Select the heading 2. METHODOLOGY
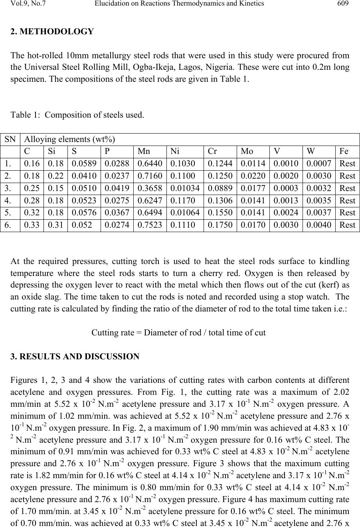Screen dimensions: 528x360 52,32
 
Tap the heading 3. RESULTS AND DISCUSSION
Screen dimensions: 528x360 75,357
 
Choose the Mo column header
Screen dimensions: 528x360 247,152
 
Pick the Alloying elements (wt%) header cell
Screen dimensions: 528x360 69,139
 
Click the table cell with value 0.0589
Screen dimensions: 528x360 84,164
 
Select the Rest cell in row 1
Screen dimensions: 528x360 347,164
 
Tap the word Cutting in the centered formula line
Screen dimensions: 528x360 104,333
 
